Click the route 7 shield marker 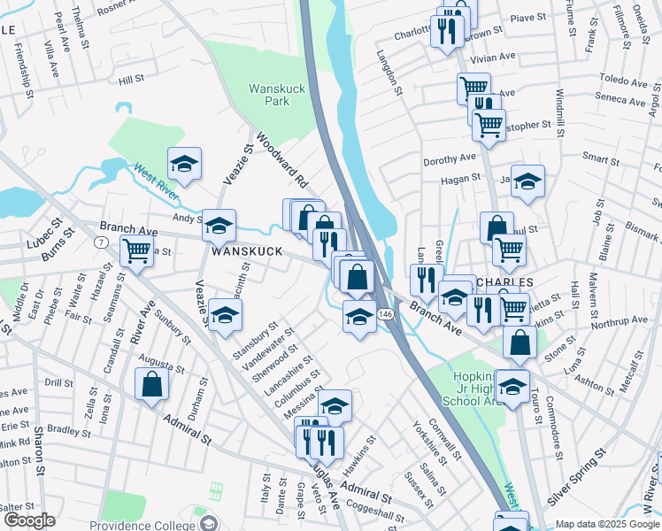point(102,242)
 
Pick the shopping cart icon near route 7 point(136,251)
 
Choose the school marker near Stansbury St point(225,315)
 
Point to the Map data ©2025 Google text point(606,524)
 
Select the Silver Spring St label point(575,476)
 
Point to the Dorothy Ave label point(450,160)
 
